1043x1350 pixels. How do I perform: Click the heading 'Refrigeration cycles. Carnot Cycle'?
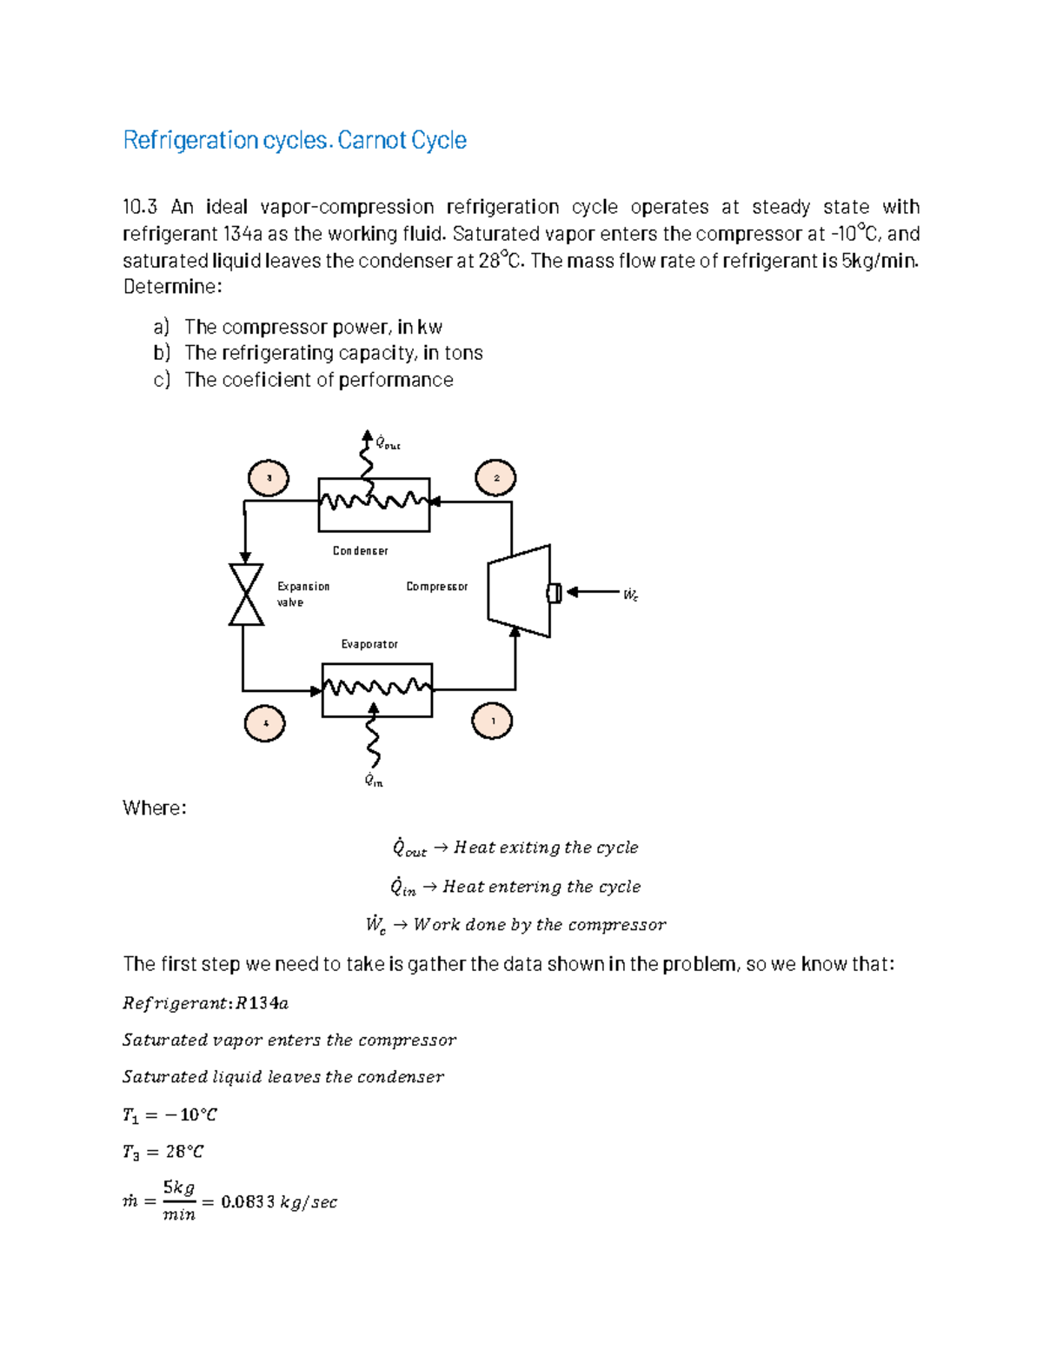[x=295, y=140]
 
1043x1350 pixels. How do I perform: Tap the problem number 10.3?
[x=140, y=207]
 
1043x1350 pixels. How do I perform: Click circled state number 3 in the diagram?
[x=269, y=478]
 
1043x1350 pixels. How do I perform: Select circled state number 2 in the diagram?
[x=495, y=478]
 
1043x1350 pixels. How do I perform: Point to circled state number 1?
[x=493, y=722]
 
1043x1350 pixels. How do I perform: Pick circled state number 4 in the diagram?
[x=265, y=723]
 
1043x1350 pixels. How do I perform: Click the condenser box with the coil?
[x=374, y=505]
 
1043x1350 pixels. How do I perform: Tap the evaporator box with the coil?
[x=377, y=690]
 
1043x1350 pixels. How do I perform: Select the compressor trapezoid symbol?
[x=520, y=591]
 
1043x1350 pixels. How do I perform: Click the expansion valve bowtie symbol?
[x=246, y=595]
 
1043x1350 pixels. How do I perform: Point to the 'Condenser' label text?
[x=360, y=551]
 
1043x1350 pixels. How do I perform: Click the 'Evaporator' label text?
[x=369, y=644]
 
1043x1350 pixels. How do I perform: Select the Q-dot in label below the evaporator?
[x=374, y=780]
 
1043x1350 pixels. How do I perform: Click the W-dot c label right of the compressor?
[x=631, y=595]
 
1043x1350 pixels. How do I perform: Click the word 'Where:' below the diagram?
[x=155, y=808]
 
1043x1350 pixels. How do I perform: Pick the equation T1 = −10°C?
[x=169, y=1115]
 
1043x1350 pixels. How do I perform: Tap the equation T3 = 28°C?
[x=163, y=1153]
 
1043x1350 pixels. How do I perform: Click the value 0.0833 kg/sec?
[x=279, y=1202]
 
